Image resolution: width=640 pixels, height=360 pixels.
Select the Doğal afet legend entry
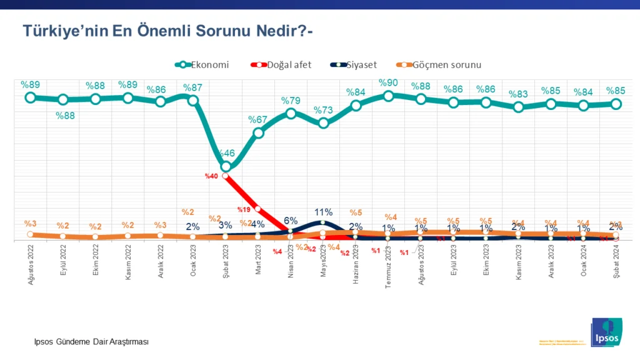[281, 64]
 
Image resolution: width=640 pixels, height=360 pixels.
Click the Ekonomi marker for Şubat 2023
[226, 167]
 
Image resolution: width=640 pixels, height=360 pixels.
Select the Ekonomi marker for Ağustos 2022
[30, 97]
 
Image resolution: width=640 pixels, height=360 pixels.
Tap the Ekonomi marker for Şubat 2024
[616, 104]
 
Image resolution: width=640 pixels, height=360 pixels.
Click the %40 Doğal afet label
[211, 176]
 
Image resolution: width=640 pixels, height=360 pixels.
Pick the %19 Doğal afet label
[244, 210]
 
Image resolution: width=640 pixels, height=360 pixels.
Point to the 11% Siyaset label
[323, 212]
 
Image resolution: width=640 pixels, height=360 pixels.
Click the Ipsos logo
[606, 331]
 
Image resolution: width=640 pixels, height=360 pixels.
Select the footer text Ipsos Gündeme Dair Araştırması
[91, 341]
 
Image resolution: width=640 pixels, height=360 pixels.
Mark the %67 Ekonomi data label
[258, 120]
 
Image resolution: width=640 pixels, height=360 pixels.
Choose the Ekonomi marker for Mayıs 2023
[323, 123]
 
